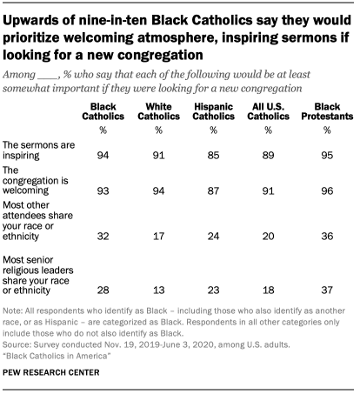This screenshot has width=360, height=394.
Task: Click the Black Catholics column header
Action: click(x=103, y=111)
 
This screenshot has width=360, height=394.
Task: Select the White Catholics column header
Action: click(x=158, y=111)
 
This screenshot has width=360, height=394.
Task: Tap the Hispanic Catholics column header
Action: click(x=213, y=111)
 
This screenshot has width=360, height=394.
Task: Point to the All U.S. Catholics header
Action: click(x=268, y=111)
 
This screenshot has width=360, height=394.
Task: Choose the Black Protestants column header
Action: click(x=327, y=111)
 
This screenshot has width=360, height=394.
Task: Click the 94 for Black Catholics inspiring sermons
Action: click(x=103, y=156)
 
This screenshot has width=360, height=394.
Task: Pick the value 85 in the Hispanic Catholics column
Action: click(x=213, y=156)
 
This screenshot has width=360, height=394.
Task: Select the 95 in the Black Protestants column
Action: click(x=327, y=156)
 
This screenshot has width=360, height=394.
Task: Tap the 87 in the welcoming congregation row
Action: click(x=213, y=190)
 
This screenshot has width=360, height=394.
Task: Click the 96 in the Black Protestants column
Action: click(x=327, y=190)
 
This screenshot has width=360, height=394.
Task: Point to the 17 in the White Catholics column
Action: click(x=158, y=236)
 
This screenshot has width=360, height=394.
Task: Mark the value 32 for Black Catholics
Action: click(x=103, y=236)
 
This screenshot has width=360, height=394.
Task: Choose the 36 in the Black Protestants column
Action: click(x=327, y=236)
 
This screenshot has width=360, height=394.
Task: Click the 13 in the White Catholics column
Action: click(x=158, y=290)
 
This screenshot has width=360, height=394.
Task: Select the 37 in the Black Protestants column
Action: click(x=327, y=290)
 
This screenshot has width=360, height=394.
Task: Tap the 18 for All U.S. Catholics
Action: click(x=268, y=290)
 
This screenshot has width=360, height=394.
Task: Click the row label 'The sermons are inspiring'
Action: click(x=38, y=150)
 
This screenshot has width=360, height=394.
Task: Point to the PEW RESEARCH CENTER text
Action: click(x=51, y=372)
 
